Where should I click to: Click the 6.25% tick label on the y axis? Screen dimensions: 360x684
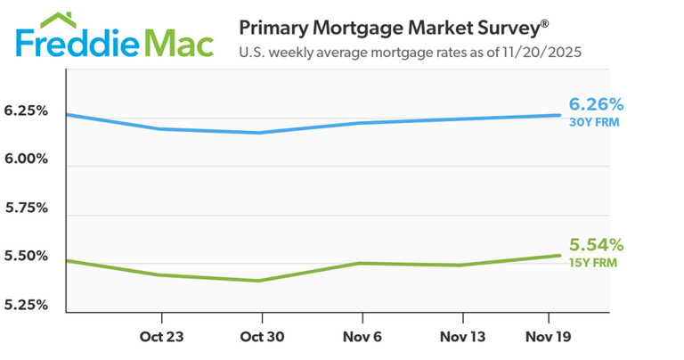(x=25, y=111)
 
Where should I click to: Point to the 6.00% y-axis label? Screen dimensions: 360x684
(x=25, y=160)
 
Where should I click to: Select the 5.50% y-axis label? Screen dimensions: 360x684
(x=25, y=257)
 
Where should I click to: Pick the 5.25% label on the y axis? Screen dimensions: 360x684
(x=25, y=305)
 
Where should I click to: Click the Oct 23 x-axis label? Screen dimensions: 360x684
(x=161, y=338)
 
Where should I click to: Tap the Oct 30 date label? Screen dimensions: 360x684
(x=262, y=338)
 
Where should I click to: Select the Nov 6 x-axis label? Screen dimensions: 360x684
(x=362, y=338)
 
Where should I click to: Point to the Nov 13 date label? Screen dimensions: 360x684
(x=463, y=338)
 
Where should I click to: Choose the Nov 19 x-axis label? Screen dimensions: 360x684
(x=549, y=338)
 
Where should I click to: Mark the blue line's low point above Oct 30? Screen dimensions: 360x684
(x=259, y=133)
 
